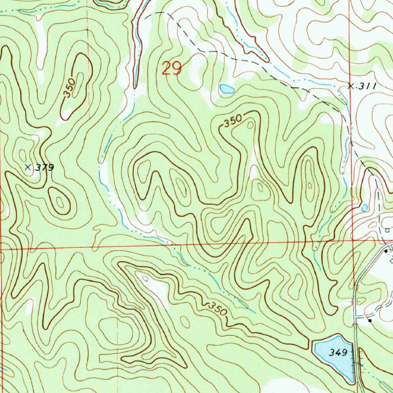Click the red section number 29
tap(171, 69)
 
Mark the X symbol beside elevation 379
tap(28, 167)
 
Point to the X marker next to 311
tap(350, 86)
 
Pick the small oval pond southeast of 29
tap(227, 89)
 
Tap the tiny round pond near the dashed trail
tap(364, 207)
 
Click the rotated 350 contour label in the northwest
tap(71, 88)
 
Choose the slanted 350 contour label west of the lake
tap(217, 308)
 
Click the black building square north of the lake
tap(370, 320)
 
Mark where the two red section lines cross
tap(353, 241)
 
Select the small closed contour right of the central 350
tap(251, 125)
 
